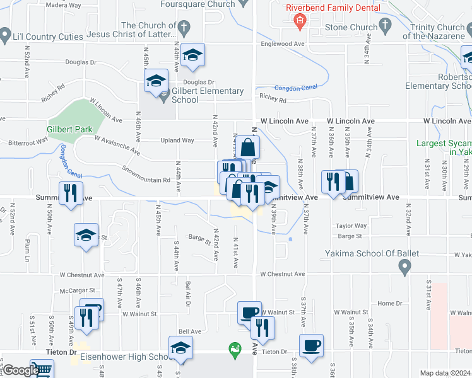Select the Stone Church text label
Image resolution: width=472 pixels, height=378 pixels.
tap(351, 28)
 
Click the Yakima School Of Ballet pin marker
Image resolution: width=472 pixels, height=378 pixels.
tap(404, 268)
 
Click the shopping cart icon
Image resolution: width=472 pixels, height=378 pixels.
tap(42, 369)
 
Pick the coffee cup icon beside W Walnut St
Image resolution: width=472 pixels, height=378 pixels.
tap(249, 311)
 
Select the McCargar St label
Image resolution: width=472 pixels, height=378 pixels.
tap(77, 290)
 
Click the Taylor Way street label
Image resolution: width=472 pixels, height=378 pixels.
tap(351, 226)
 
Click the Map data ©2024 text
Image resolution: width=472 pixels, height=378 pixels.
tap(445, 373)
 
